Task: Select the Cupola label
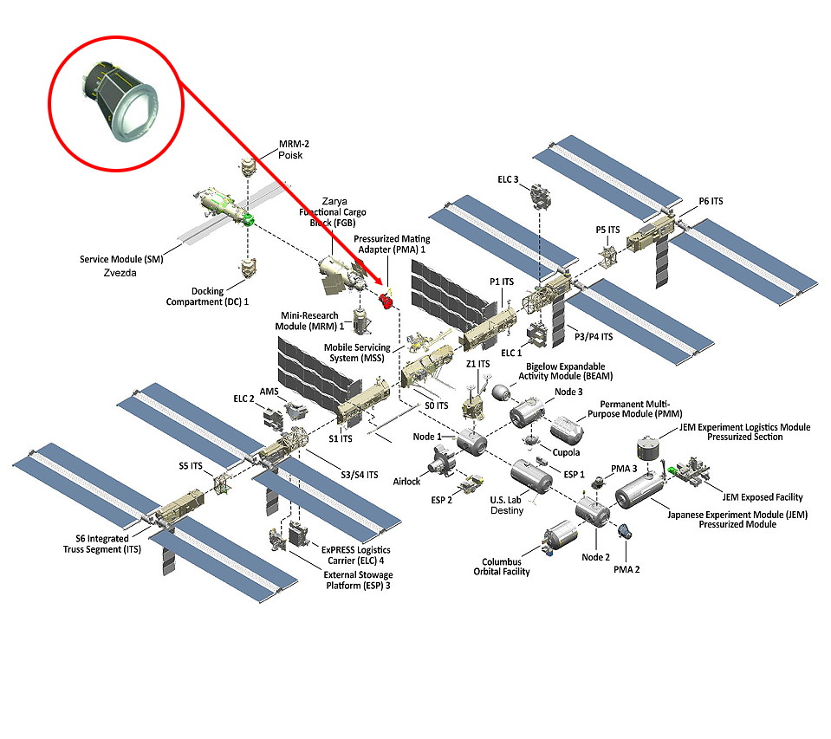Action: tap(566, 452)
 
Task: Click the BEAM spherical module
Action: tap(503, 392)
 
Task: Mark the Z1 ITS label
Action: tap(477, 364)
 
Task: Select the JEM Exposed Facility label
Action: tap(762, 497)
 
